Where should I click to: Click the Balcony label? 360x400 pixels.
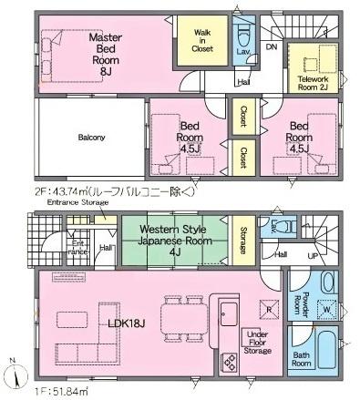pos(91,138)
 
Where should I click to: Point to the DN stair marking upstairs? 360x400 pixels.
pos(272,46)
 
